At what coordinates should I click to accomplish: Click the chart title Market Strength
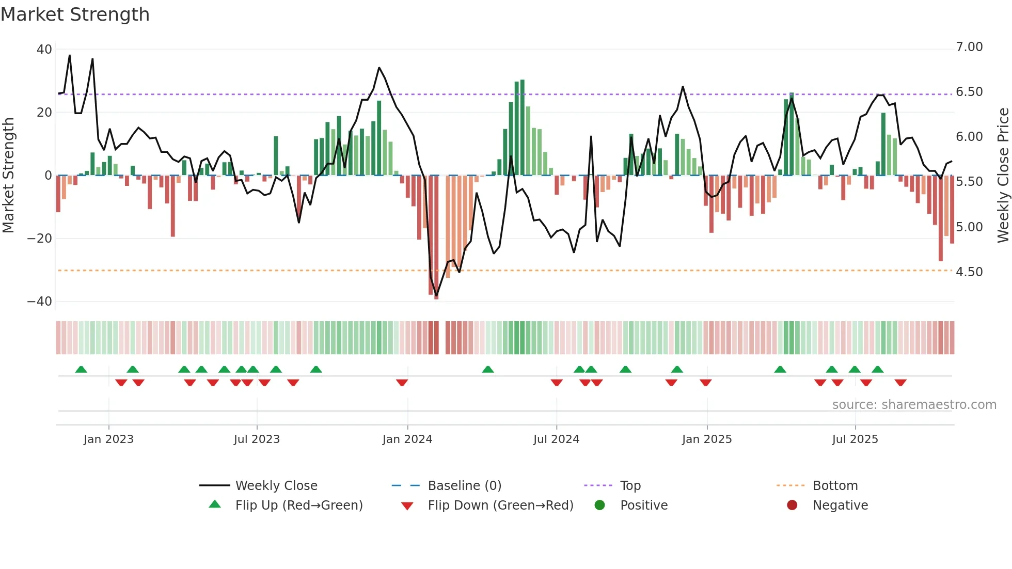tap(75, 14)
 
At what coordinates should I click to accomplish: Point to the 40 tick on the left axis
tap(44, 50)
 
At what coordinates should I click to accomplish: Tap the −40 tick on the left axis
tap(40, 302)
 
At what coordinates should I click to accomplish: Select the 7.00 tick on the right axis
tap(969, 47)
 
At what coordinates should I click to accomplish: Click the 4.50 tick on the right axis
tap(969, 272)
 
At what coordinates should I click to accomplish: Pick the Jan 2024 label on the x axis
tap(407, 439)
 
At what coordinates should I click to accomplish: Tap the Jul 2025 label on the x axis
tap(855, 439)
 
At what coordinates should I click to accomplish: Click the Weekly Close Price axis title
tap(1003, 175)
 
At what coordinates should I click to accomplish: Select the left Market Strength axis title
tap(8, 175)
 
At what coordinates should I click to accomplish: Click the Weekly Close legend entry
tap(276, 486)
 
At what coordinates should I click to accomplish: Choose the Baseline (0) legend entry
tap(464, 486)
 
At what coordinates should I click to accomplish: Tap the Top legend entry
tap(630, 486)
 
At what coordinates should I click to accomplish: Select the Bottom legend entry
tap(835, 486)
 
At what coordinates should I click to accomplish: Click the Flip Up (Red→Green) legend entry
tap(298, 505)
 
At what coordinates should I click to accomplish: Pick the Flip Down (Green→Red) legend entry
tap(500, 505)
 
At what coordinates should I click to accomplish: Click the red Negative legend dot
tap(792, 505)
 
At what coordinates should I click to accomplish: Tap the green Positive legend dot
tap(599, 505)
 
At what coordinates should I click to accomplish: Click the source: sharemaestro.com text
tap(914, 405)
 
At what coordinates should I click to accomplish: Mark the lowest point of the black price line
tap(436, 296)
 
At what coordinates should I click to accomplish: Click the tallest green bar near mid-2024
tap(523, 128)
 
